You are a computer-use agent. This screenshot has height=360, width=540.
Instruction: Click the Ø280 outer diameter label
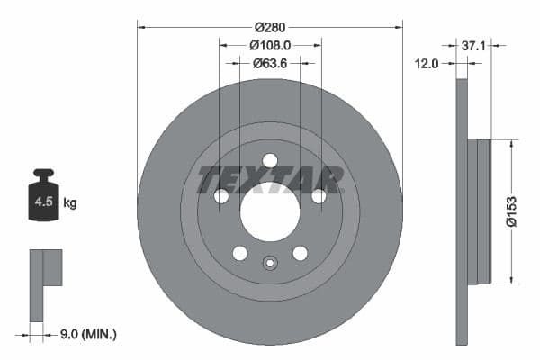click(270, 27)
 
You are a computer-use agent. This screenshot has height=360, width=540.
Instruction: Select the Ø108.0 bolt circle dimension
click(270, 44)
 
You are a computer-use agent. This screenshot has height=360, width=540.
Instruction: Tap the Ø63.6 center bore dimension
click(270, 62)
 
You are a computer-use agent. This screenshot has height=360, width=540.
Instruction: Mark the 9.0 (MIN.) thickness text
click(86, 335)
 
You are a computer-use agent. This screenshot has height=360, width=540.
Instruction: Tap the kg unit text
click(70, 203)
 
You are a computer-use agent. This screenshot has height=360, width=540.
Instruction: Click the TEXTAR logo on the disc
click(270, 179)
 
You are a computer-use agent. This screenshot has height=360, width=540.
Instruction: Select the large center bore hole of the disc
click(270, 212)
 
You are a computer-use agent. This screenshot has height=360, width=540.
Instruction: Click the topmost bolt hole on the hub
click(270, 160)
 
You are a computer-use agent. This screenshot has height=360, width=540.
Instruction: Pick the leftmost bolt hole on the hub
click(220, 196)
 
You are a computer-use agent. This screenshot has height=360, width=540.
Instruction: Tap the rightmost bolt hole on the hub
click(319, 196)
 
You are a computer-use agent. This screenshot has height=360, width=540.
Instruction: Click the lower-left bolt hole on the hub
click(239, 253)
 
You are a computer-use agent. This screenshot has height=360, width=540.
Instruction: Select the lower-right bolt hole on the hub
click(300, 253)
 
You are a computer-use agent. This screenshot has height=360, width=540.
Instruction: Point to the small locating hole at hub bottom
click(270, 264)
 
